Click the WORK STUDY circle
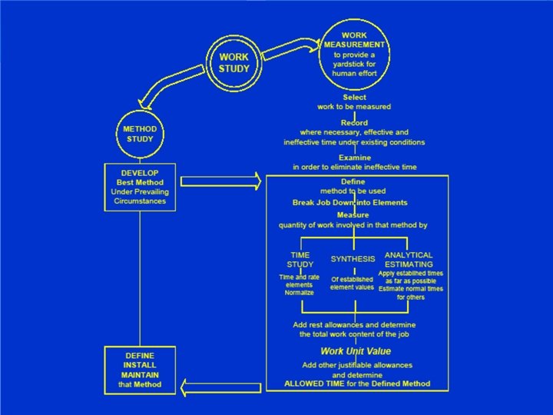[x=234, y=62]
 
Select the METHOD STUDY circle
[x=140, y=134]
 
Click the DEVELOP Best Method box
[x=139, y=187]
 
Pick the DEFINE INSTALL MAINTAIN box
[x=139, y=370]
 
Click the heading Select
[x=354, y=98]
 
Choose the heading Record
[x=354, y=122]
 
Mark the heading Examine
[x=354, y=157]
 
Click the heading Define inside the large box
[x=353, y=181]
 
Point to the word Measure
[x=353, y=215]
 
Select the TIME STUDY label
[x=300, y=260]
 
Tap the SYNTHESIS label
[x=353, y=260]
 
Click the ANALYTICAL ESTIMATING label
[x=409, y=260]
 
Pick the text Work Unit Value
[x=356, y=351]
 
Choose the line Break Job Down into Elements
[x=350, y=203]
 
